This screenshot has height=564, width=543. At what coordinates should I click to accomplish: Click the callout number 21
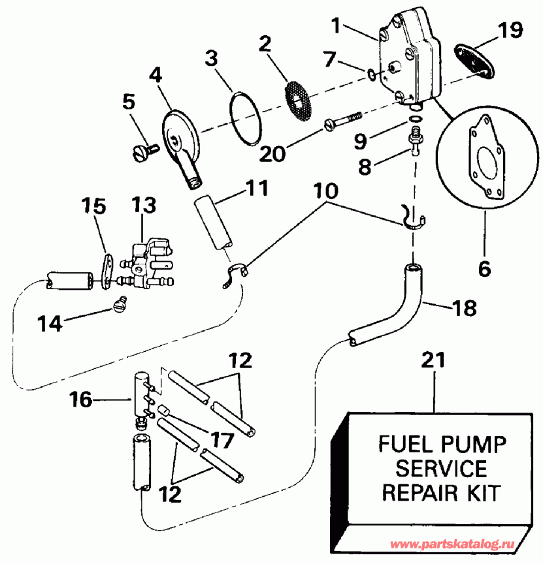pyautogui.click(x=436, y=359)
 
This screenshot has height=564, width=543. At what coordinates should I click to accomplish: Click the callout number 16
pyautogui.click(x=82, y=400)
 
